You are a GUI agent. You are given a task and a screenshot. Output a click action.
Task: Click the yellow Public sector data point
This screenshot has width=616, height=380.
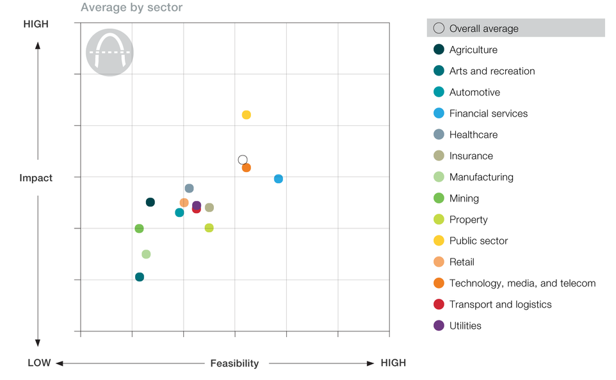coord(247,115)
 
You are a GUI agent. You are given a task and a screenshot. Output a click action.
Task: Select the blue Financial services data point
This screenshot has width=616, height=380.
coord(279,179)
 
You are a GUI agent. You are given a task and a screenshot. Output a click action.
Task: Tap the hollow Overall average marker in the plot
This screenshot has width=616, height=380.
coord(243,160)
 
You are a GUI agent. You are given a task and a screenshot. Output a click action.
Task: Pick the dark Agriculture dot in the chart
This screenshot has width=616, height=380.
coord(150,202)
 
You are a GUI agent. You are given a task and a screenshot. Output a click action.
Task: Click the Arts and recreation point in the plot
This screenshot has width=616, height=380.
coord(140,277)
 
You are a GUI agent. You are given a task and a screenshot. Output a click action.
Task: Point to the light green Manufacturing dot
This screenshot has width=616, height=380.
coord(146,255)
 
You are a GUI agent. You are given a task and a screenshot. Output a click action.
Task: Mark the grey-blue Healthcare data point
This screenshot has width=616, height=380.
coord(189,189)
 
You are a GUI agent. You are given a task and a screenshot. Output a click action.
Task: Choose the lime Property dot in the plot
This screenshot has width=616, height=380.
coord(209,228)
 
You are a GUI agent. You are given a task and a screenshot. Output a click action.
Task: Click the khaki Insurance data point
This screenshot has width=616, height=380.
coord(209,208)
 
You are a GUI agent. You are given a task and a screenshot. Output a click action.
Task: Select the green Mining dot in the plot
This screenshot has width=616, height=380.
coord(139,229)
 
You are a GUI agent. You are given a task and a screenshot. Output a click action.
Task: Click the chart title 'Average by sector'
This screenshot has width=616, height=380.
coord(131,8)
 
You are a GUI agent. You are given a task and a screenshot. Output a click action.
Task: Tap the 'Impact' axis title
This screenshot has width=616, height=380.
coord(36,178)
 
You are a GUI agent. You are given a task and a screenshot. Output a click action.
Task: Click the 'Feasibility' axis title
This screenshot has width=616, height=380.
coord(234,363)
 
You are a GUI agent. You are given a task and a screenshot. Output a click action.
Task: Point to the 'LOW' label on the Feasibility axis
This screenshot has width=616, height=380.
coord(39,363)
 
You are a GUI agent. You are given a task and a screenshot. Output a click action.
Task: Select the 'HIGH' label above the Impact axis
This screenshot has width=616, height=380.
coord(36,24)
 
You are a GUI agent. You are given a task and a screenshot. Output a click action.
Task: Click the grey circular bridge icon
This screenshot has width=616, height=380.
coord(109,52)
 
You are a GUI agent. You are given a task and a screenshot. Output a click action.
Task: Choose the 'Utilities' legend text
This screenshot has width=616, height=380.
coord(466,326)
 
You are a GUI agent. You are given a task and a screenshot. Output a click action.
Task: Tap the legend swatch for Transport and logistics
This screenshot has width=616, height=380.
coord(439,305)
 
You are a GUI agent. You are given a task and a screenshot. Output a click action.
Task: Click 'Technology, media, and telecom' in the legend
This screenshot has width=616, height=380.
coord(523,283)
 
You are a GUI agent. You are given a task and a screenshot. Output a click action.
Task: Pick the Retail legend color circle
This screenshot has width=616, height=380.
coord(439,262)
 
